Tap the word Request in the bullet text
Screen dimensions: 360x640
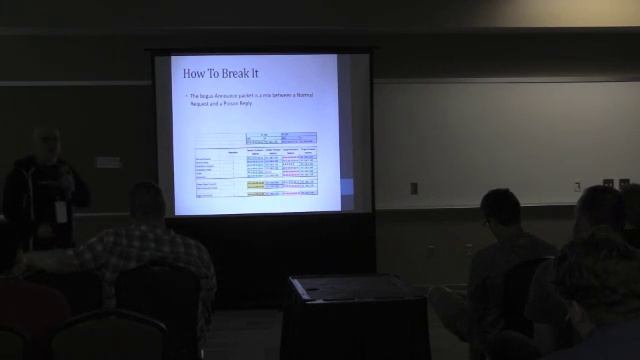[198, 103]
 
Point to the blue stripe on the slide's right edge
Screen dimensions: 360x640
[347, 188]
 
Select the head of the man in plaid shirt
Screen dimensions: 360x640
[146, 201]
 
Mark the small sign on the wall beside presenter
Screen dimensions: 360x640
[108, 161]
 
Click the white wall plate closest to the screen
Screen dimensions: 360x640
[414, 187]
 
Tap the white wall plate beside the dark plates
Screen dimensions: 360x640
[577, 185]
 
